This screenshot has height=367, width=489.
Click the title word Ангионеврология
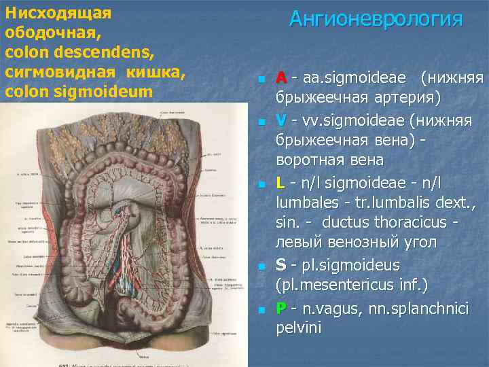click(x=376, y=19)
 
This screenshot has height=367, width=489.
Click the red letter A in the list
click(x=281, y=78)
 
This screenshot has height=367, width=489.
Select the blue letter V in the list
click(x=281, y=120)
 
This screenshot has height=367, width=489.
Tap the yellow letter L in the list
click(x=280, y=182)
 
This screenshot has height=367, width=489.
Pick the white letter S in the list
click(x=281, y=265)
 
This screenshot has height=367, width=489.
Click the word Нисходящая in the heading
click(x=48, y=12)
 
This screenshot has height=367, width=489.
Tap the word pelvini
click(x=299, y=328)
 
